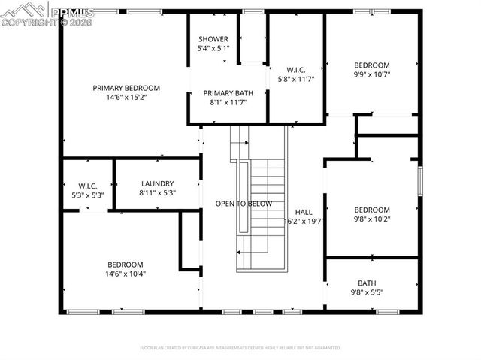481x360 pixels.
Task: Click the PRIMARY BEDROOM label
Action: coord(126,88)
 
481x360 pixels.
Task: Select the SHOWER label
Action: coord(213,39)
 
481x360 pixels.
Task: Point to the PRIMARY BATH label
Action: coord(228,93)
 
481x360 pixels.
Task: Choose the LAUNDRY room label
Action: coord(157,183)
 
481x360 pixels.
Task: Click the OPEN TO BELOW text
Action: coord(244,204)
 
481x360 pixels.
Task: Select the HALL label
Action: coord(304,212)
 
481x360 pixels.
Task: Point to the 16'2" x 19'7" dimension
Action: coord(304,222)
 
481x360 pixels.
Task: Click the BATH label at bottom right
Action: coord(367,283)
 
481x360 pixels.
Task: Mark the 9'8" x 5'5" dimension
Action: coord(367,292)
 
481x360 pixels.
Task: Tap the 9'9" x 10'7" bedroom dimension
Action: coord(372,74)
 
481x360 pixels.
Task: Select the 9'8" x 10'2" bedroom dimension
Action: coord(372,219)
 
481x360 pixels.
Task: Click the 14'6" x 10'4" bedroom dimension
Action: coord(125,274)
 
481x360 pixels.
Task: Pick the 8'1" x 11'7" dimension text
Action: coord(228,102)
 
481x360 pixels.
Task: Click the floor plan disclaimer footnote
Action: coord(240,348)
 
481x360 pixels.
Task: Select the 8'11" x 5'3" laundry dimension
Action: coord(157,193)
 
